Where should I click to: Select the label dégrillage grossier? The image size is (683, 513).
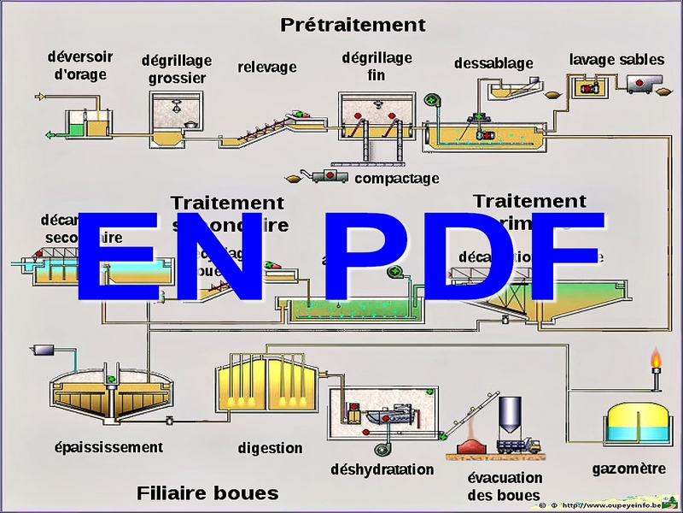point(177,69)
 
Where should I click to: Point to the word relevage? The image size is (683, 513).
point(267,67)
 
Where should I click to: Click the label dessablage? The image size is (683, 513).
point(493,62)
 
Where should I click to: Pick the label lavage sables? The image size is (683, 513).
point(616,59)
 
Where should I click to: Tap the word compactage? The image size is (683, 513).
point(396,178)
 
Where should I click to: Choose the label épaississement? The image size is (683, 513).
point(108,446)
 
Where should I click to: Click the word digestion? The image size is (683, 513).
point(270,447)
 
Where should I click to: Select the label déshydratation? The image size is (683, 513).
point(382,469)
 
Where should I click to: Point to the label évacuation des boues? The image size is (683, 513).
point(505,486)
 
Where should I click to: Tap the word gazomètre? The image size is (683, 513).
point(628,469)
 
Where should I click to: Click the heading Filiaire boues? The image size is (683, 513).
point(207,492)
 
